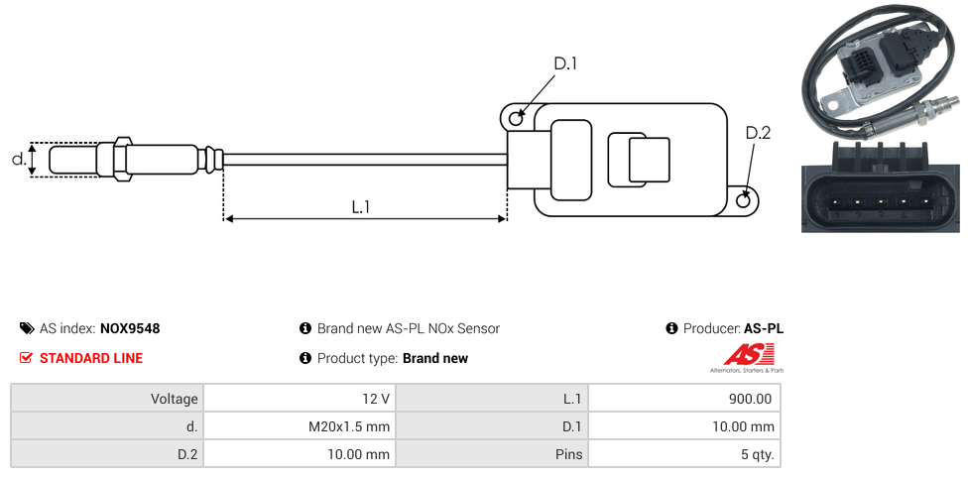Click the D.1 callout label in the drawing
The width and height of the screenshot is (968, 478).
pyautogui.click(x=565, y=64)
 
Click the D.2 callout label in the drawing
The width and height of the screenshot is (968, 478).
pyautogui.click(x=758, y=133)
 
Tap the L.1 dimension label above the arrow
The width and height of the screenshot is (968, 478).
pyautogui.click(x=361, y=206)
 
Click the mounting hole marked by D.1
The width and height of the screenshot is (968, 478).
pyautogui.click(x=516, y=119)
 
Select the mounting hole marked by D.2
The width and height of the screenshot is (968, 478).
pyautogui.click(x=745, y=200)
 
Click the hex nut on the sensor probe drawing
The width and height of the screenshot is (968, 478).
pyautogui.click(x=123, y=159)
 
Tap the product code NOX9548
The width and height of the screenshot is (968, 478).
pyautogui.click(x=130, y=328)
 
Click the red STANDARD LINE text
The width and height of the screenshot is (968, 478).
pyautogui.click(x=91, y=358)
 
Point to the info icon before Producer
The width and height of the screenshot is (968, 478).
pyautogui.click(x=671, y=328)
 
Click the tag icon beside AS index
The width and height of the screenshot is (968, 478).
pyautogui.click(x=27, y=328)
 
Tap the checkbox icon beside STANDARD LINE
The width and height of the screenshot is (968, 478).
pyautogui.click(x=27, y=358)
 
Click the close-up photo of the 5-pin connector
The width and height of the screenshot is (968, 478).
pyautogui.click(x=881, y=186)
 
